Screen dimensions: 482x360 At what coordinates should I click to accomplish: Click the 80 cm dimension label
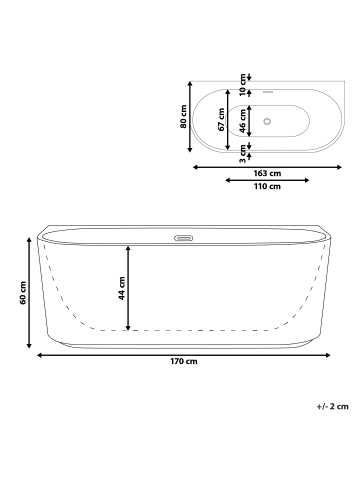[x=183, y=118]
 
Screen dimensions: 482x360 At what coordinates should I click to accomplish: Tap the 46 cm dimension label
[x=243, y=120]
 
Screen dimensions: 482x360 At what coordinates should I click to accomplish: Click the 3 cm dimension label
[x=243, y=152]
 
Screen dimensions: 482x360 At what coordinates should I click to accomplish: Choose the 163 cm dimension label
[x=267, y=173]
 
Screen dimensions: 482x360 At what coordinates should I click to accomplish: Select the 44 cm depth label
[x=122, y=289]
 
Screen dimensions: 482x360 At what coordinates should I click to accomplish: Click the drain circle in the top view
[x=266, y=122]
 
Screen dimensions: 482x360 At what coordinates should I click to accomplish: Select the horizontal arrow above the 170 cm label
[x=181, y=353]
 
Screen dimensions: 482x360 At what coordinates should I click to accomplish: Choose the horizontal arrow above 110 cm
[x=267, y=181]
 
